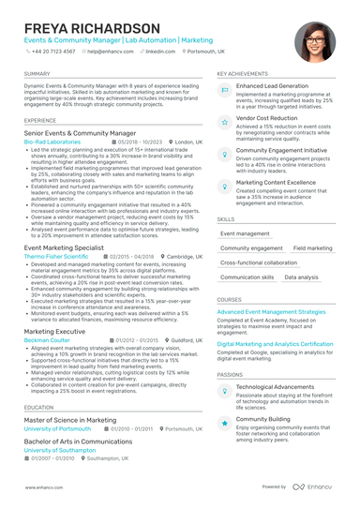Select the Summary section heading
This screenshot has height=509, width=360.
(x=37, y=73)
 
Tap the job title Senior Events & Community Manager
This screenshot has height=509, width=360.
(x=80, y=134)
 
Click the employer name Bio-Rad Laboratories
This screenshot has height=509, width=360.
(x=52, y=142)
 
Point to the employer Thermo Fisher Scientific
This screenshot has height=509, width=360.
(x=56, y=256)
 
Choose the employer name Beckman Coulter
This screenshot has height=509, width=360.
(x=46, y=340)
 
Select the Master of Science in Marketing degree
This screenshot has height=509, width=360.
(x=70, y=420)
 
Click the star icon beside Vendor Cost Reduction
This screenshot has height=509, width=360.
(x=225, y=122)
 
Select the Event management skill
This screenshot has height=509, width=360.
(x=245, y=233)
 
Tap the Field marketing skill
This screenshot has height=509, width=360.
(x=312, y=248)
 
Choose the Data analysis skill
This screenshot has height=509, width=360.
(x=301, y=277)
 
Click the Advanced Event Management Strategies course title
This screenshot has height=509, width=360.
(x=271, y=311)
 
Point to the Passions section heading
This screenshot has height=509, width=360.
(x=231, y=374)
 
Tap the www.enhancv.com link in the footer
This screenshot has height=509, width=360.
(x=43, y=488)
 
